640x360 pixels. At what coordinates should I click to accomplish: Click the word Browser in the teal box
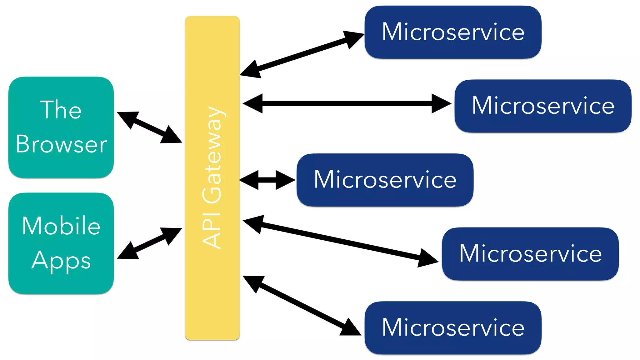pos(61,144)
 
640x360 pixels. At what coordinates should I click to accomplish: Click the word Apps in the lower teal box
pos(61,261)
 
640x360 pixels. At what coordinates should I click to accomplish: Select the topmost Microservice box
pos(453,32)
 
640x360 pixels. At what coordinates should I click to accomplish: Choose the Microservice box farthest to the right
pos(543,106)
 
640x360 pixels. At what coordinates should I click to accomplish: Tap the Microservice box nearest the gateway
pos(385,180)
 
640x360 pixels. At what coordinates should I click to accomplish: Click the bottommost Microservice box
pos(453,327)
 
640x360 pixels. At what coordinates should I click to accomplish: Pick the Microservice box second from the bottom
pos(530,253)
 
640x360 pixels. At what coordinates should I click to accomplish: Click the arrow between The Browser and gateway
pos(149,127)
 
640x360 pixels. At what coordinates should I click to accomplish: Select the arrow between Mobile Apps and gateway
pos(149,243)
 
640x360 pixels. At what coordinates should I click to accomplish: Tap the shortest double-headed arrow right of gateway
pos(267,180)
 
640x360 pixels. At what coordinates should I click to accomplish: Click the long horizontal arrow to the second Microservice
pos(347,103)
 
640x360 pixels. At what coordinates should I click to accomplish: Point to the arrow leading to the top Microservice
pos(302,54)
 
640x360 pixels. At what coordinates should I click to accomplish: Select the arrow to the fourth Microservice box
pos(341,241)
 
